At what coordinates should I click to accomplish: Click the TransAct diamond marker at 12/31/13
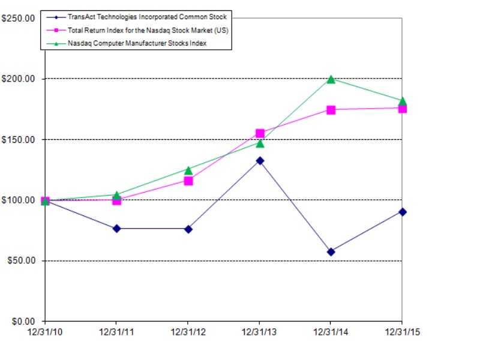259,161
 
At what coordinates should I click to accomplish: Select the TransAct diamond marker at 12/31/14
331,251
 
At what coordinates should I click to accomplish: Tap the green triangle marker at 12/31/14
331,79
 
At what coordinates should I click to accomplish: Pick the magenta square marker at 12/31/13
259,133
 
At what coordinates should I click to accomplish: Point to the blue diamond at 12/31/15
402,212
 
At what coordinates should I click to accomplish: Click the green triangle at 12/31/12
188,170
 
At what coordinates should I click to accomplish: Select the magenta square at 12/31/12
188,180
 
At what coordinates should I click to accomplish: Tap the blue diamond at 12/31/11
116,229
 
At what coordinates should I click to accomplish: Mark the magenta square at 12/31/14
331,110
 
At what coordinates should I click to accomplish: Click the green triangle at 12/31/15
402,101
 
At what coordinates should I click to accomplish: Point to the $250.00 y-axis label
18,19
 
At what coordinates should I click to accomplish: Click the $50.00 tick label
20,261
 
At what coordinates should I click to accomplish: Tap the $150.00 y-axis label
18,140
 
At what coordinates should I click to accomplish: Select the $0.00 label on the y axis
23,322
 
